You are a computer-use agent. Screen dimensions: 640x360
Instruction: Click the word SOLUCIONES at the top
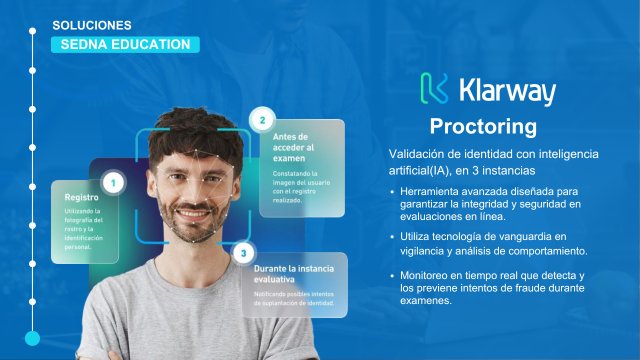tap(92, 25)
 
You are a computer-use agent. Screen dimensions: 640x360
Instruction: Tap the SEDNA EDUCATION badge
tap(125, 44)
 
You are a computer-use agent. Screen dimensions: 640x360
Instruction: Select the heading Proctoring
tap(483, 126)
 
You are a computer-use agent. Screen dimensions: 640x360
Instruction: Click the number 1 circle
tap(113, 183)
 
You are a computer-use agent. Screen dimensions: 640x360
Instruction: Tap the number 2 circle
tap(262, 120)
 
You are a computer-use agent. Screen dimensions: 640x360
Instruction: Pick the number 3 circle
tap(243, 253)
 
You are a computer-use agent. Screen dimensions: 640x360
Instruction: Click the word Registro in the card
tap(81, 197)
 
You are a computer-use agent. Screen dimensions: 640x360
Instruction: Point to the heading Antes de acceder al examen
tap(293, 147)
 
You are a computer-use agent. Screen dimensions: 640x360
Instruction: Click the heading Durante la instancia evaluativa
tap(293, 274)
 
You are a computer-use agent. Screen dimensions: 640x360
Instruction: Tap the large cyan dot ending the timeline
tap(32, 338)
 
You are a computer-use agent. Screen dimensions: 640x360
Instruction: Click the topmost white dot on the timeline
tap(32, 31)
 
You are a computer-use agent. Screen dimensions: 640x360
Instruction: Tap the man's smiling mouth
tap(192, 213)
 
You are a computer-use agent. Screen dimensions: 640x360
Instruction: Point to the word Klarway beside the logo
tap(507, 91)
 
